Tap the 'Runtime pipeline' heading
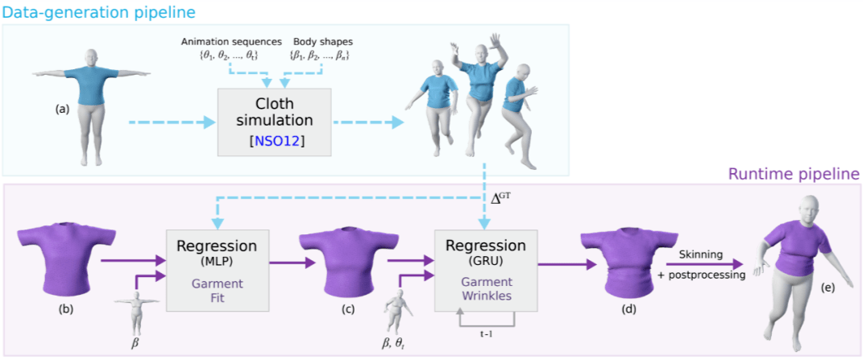pos(793,174)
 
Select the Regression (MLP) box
pos(217,269)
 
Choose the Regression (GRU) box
pos(485,269)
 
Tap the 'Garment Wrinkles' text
pos(485,290)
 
